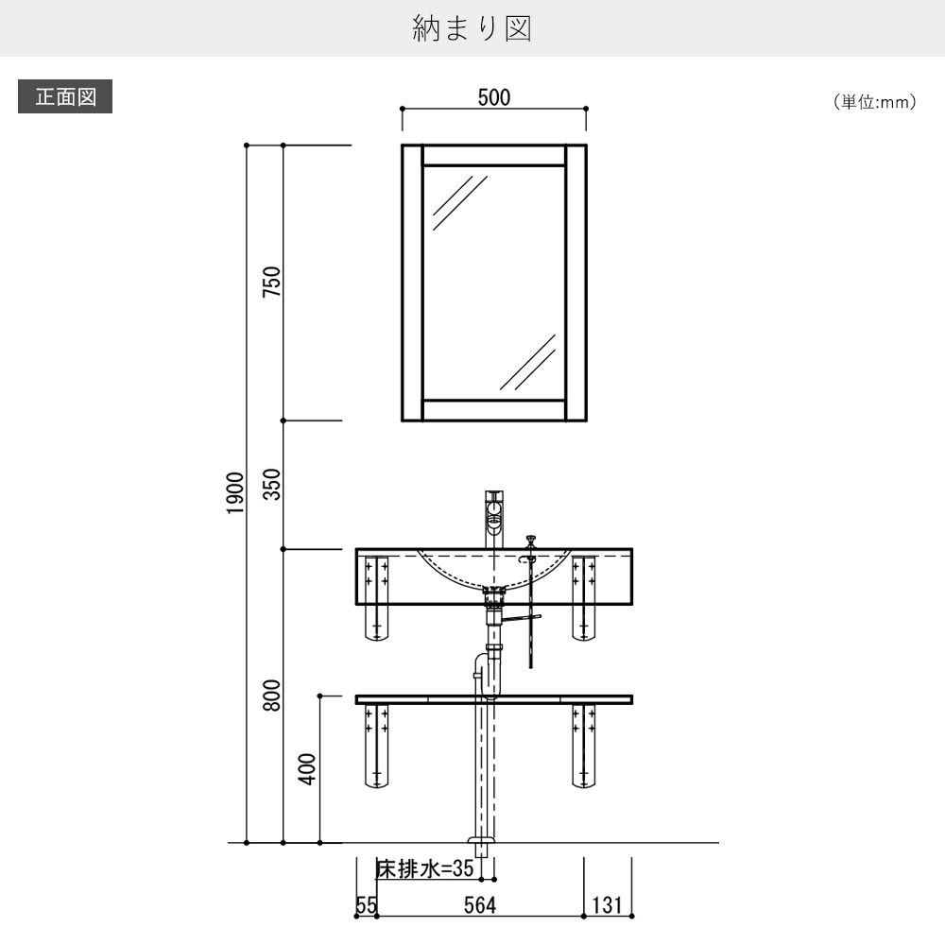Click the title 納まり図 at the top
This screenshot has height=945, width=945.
pos(472,28)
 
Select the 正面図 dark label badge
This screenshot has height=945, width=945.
pos(65,97)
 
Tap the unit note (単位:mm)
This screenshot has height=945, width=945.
pos(874,102)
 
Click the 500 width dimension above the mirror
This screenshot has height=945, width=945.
pos(493,98)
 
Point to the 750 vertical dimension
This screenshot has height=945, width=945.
pos(272,283)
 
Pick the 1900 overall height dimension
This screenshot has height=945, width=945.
pos(235,492)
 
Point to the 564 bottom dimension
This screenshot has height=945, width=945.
pos(480,905)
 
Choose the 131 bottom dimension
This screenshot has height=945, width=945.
pos(607,905)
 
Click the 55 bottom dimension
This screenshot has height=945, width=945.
pos(366,905)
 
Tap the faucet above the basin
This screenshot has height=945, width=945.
pos(494,516)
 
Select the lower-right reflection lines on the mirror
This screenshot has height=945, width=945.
pos(527,361)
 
